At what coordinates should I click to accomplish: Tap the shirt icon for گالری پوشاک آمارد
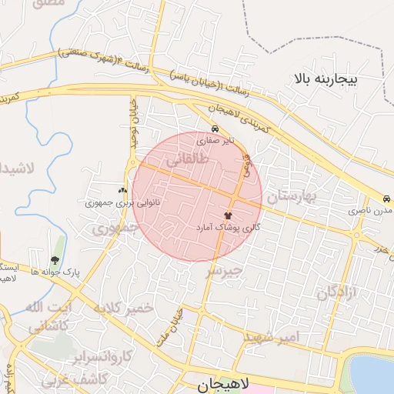click(228, 216)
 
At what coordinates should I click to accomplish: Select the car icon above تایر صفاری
click(215, 129)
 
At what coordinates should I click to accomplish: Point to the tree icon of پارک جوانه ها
click(54, 261)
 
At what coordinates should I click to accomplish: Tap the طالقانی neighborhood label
click(187, 159)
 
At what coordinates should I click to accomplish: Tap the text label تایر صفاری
click(213, 142)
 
